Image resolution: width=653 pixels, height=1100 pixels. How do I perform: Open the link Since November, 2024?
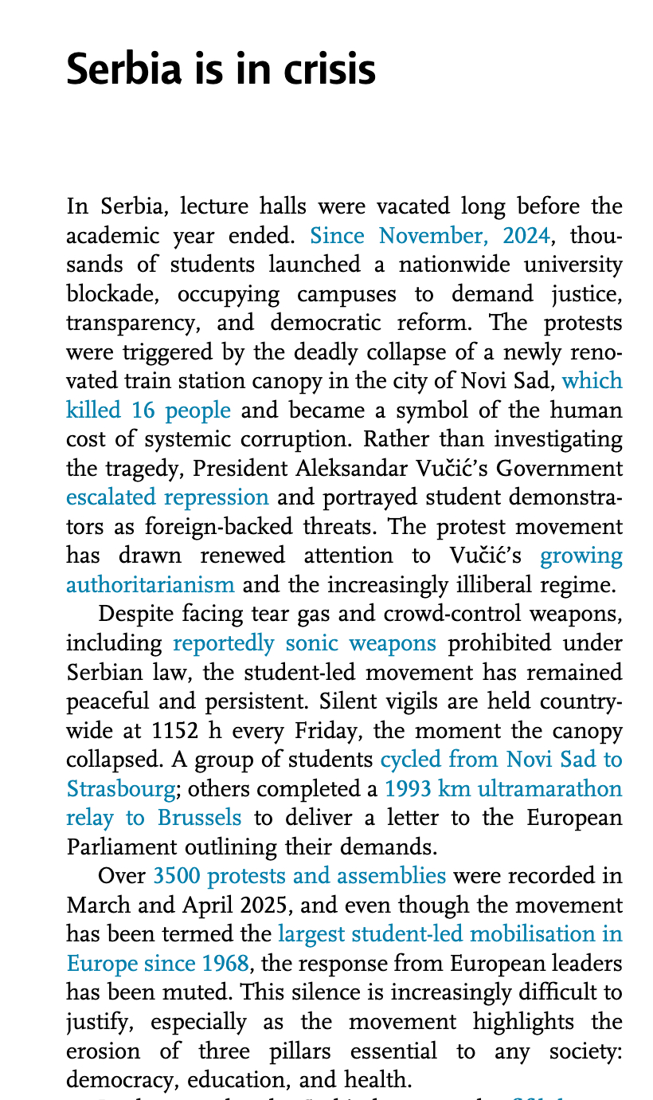pos(429,235)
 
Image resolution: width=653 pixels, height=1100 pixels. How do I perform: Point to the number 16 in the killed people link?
pos(140,410)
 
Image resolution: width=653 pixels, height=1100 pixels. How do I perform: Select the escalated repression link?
pos(167,497)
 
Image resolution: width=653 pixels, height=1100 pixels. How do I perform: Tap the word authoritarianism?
pos(151,584)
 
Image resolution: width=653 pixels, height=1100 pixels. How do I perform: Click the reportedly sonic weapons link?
pos(304,642)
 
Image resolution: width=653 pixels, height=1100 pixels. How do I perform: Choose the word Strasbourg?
pos(120,788)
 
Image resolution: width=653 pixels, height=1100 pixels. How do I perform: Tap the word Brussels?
pos(198,817)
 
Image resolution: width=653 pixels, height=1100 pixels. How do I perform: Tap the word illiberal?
pos(438,584)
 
